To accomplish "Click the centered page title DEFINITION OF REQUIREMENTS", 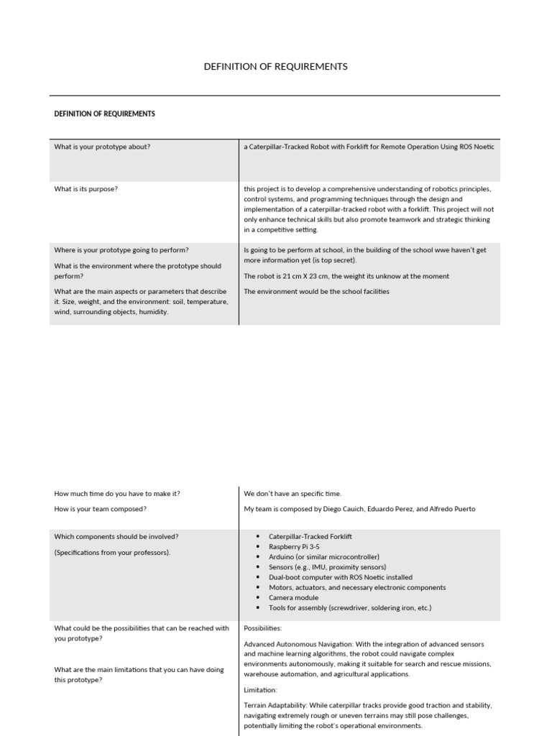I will click(x=276, y=66).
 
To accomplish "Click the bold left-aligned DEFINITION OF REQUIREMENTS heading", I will click(x=104, y=114).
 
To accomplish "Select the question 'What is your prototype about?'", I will click(x=102, y=147).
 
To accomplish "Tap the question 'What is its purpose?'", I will click(x=86, y=189).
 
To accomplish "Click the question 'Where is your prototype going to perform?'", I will click(x=121, y=250).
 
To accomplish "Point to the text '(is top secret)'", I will click(x=332, y=260).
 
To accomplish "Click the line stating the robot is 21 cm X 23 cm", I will click(x=346, y=276).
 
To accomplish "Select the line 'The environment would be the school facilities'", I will click(x=316, y=291).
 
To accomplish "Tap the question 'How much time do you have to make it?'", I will click(x=117, y=494).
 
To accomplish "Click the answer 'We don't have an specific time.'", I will click(x=293, y=494).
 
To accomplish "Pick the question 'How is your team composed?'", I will click(x=100, y=509).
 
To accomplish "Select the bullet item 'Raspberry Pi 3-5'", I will click(x=294, y=547).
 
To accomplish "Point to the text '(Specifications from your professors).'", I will click(x=113, y=552).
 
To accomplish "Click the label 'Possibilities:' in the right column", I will click(x=264, y=627).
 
